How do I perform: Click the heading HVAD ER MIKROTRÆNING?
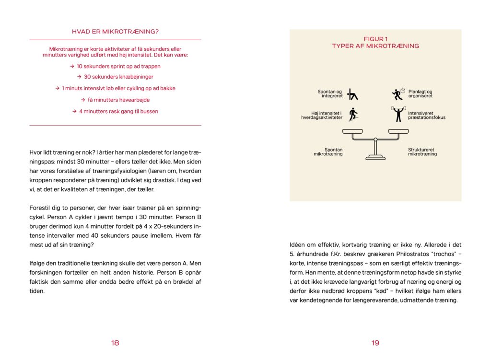[115, 32]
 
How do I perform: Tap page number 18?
[115, 343]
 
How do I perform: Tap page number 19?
[375, 343]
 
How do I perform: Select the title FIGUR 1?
[375, 39]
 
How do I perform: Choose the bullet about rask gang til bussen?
[115, 111]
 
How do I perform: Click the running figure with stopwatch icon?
[398, 93]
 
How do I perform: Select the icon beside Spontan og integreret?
[353, 94]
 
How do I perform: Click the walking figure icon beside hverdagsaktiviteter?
[353, 115]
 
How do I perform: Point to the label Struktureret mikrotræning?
[422, 152]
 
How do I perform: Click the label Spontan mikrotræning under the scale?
[328, 152]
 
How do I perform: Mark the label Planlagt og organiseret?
[421, 94]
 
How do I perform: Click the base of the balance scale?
[375, 156]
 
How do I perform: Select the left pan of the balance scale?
[352, 131]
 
